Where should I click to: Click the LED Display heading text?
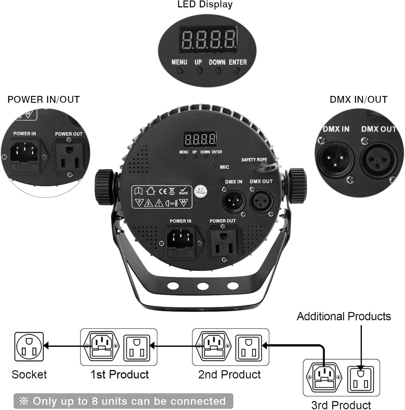click(x=205, y=4)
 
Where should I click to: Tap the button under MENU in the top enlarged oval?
click(x=180, y=71)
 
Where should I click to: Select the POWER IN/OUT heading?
click(x=44, y=99)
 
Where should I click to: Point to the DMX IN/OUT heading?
click(x=358, y=99)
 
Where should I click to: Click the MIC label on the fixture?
click(x=224, y=167)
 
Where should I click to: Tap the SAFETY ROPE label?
click(x=254, y=160)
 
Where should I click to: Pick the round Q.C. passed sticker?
click(x=201, y=191)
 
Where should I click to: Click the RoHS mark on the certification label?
click(x=183, y=191)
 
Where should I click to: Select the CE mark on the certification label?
click(x=163, y=191)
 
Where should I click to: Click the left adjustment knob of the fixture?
click(x=104, y=187)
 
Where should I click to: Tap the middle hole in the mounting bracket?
click(x=203, y=286)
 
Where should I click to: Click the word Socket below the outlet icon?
click(x=29, y=374)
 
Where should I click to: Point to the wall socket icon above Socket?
click(x=29, y=347)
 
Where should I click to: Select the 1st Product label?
click(x=120, y=374)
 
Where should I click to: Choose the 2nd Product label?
click(x=229, y=374)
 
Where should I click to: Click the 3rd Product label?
click(x=341, y=405)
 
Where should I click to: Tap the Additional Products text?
click(x=344, y=316)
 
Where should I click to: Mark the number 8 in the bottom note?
click(x=95, y=401)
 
